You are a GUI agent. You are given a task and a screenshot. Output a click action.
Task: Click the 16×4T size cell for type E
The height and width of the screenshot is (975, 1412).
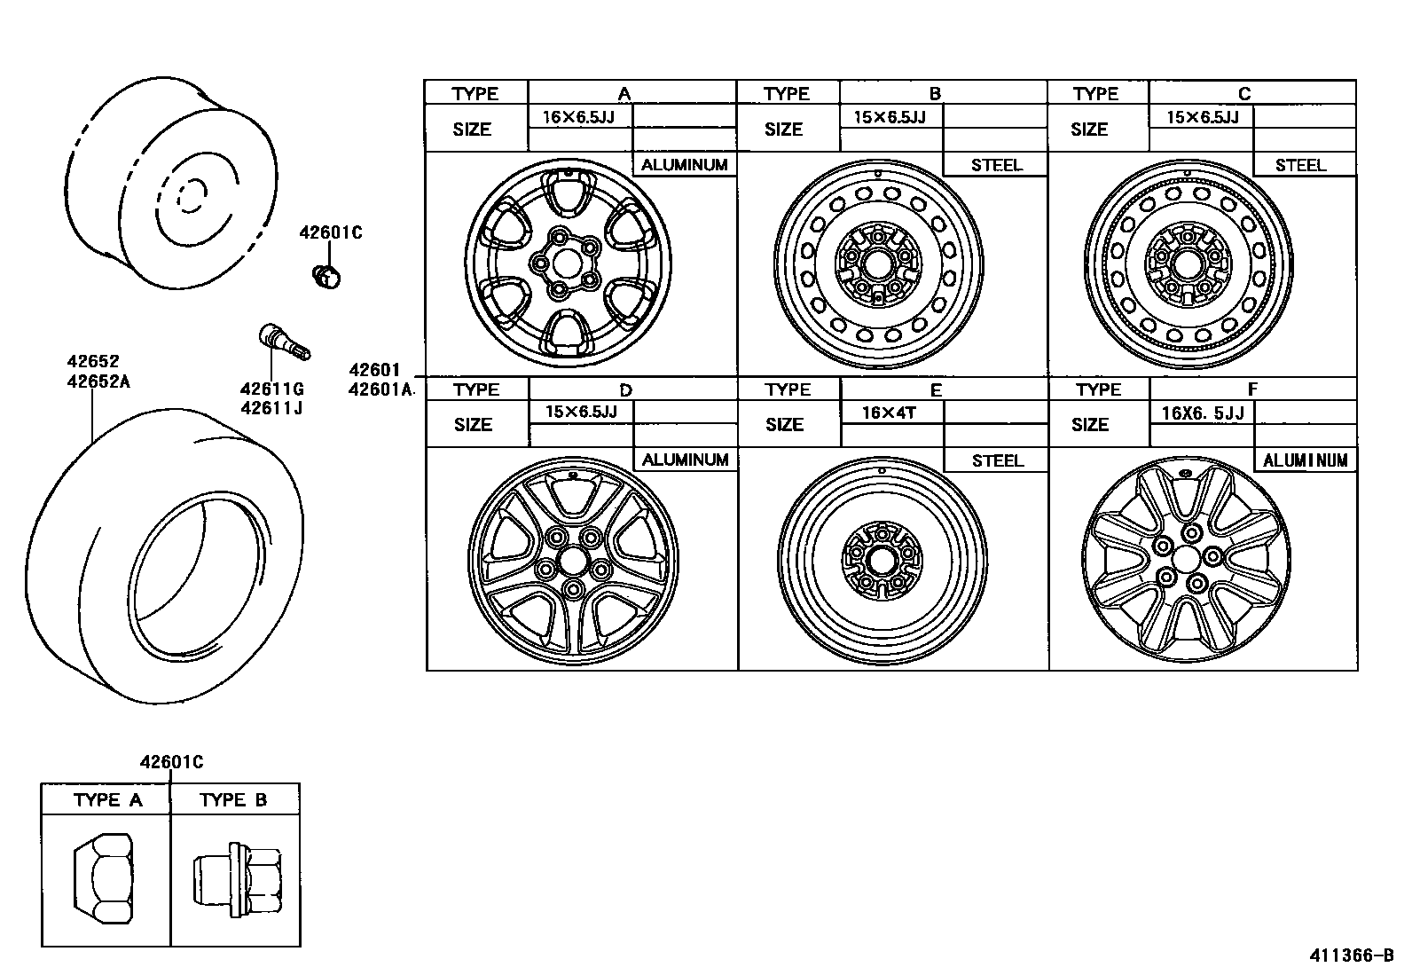[890, 413]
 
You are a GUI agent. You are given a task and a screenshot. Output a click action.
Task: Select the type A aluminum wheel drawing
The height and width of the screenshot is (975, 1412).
[568, 262]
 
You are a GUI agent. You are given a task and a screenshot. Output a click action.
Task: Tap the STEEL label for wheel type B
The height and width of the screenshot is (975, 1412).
[996, 165]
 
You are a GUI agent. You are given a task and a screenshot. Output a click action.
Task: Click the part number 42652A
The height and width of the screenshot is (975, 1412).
[98, 382]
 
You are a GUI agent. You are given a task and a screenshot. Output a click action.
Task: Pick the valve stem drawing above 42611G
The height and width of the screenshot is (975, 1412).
[283, 342]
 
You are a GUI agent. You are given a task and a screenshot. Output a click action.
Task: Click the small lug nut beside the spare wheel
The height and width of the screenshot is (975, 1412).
[327, 276]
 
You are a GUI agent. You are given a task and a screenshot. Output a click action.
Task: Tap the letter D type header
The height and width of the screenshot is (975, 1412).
[625, 389]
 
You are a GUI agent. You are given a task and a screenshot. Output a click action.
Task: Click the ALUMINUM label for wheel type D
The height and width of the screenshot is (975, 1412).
[685, 460]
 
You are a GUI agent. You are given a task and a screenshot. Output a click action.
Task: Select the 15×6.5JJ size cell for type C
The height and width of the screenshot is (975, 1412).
[1201, 117]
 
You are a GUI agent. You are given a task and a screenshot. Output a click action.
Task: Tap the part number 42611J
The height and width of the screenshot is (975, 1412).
[271, 409]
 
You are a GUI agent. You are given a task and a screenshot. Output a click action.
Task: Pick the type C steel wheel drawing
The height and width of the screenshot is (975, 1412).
[1188, 263]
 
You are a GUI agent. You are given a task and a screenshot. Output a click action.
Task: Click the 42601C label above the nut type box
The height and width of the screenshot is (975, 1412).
[171, 761]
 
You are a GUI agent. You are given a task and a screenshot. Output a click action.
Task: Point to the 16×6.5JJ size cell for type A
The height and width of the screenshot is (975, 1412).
[579, 116]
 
